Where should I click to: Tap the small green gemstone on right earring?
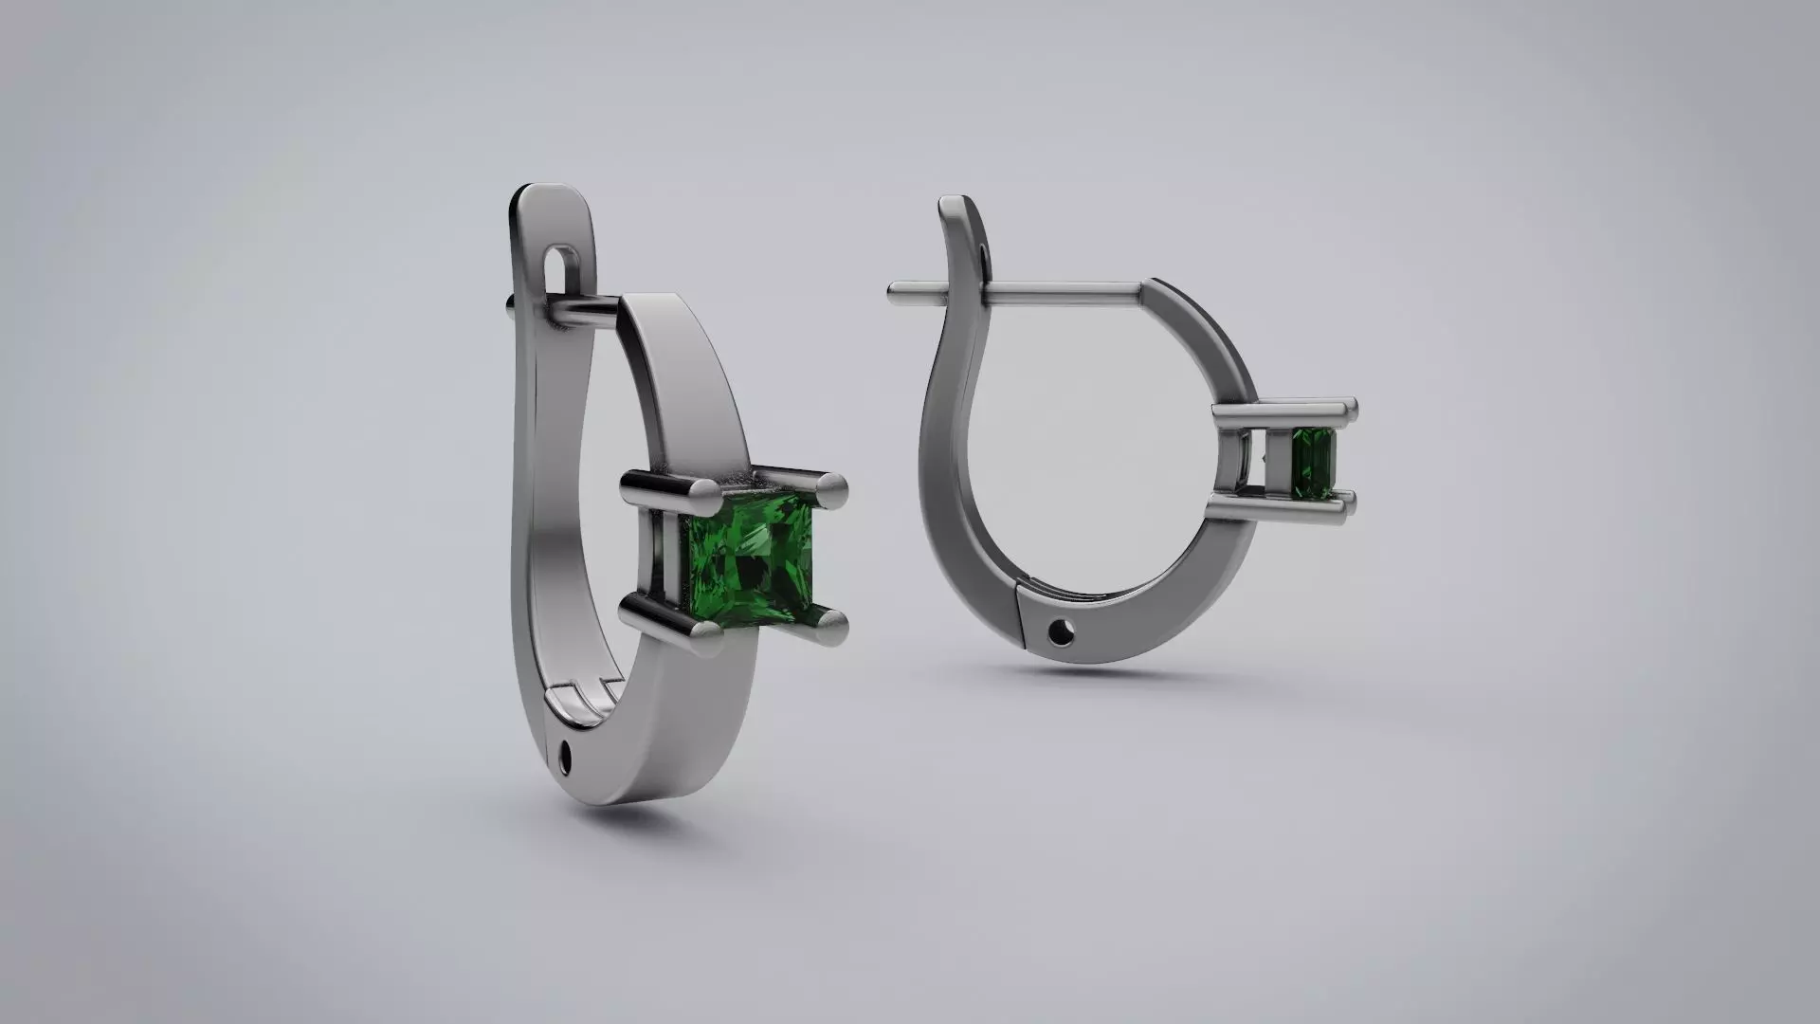click(1315, 463)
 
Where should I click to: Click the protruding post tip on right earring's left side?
click(896, 293)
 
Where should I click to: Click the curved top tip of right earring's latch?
click(952, 206)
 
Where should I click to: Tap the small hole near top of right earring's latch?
click(982, 254)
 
